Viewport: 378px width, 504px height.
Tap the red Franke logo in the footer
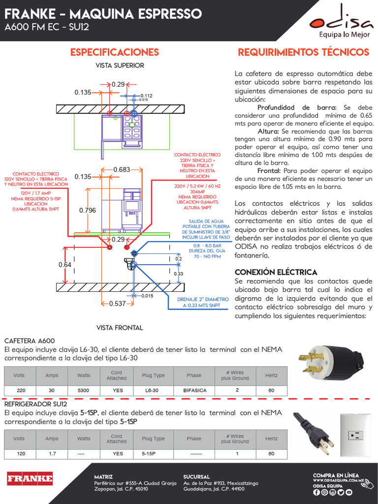(x=30, y=478)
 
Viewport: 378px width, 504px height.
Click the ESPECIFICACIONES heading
(x=115, y=52)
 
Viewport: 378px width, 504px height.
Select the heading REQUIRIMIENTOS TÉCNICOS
(x=303, y=52)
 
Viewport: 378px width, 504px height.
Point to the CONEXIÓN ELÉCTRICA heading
(x=276, y=272)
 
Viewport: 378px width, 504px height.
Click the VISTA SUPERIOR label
(x=120, y=65)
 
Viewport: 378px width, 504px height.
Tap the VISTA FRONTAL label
(x=120, y=327)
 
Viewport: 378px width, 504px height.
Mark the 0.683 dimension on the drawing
(x=122, y=170)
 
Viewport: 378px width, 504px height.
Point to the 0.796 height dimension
(x=88, y=211)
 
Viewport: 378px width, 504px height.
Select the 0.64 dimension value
(x=65, y=265)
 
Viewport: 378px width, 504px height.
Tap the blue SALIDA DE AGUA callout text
(x=206, y=227)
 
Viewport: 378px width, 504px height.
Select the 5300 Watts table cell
(x=84, y=390)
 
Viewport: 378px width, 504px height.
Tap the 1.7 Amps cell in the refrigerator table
(x=52, y=454)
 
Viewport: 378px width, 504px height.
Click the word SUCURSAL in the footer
(x=196, y=476)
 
